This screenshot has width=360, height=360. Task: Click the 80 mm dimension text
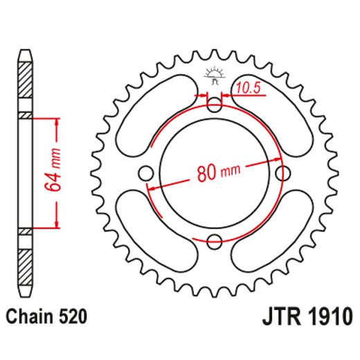click(x=215, y=172)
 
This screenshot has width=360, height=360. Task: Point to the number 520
click(x=73, y=317)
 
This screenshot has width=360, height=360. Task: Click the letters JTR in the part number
click(x=278, y=318)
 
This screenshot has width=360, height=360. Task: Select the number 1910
click(x=327, y=318)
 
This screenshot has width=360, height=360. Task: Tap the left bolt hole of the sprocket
click(x=147, y=172)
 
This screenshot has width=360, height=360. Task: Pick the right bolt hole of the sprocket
click(x=282, y=172)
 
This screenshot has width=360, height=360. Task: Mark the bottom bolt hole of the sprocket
click(x=215, y=240)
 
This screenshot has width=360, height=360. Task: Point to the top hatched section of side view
click(x=25, y=80)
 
